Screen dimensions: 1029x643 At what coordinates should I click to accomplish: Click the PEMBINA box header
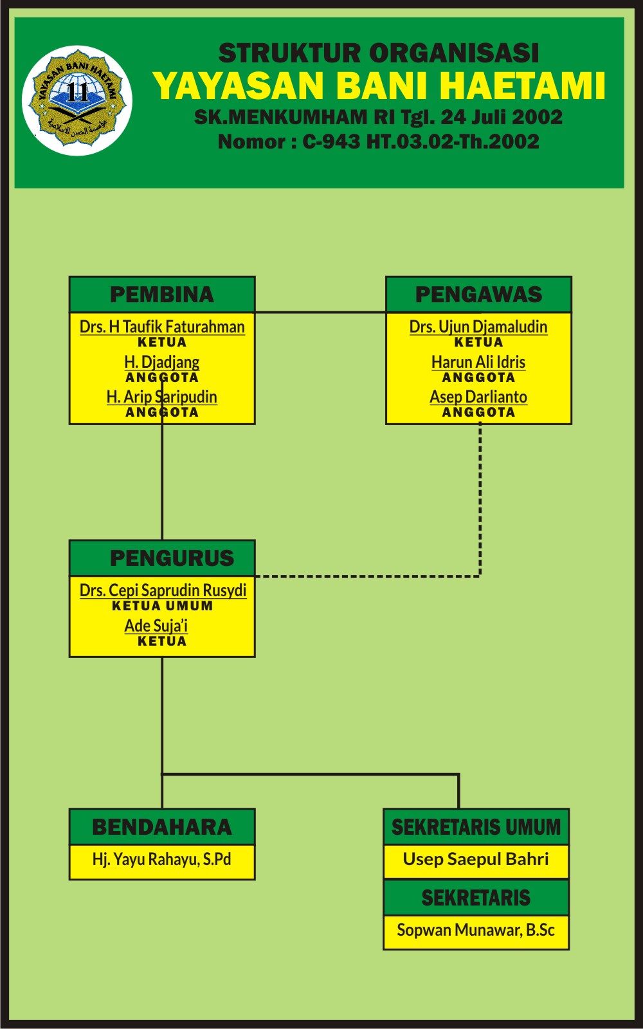[x=162, y=295]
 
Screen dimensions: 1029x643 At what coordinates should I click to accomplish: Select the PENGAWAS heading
[x=478, y=295]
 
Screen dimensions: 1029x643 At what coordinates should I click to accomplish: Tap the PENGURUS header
[x=171, y=558]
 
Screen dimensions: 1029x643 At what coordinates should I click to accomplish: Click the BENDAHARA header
[x=162, y=827]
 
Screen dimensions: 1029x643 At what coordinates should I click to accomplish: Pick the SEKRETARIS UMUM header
[x=476, y=827]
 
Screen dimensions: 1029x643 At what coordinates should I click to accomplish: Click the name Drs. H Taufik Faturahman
[x=162, y=327]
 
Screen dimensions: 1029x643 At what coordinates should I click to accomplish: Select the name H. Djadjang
[x=162, y=362]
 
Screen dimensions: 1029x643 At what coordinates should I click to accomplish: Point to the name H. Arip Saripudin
[x=162, y=397]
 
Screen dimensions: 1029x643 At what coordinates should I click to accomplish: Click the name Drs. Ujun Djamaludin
[x=478, y=327]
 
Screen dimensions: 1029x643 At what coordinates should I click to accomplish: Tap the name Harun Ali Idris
[x=478, y=362]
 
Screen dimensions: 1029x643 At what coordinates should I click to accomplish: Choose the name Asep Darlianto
[x=478, y=397]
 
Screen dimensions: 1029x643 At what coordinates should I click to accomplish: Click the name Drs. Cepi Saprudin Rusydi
[x=163, y=590]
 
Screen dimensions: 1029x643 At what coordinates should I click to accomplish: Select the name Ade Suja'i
[x=156, y=625]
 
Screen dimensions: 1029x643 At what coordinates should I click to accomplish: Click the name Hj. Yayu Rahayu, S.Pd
[x=162, y=859]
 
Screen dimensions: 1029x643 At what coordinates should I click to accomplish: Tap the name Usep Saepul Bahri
[x=476, y=859]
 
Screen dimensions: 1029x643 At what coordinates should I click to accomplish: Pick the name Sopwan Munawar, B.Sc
[x=476, y=930]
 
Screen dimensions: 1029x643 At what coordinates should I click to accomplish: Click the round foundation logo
[x=77, y=101]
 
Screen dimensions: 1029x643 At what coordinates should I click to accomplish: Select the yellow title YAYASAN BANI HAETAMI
[x=379, y=86]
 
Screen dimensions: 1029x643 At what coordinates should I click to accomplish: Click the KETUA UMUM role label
[x=162, y=606]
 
